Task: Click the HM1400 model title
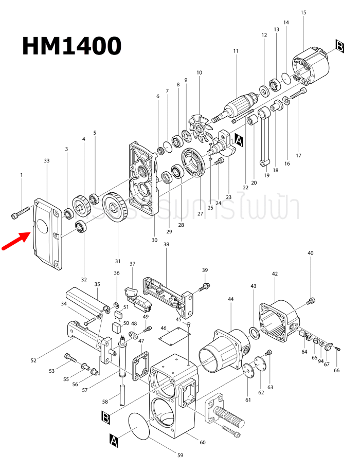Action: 71,46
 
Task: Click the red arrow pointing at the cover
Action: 15,241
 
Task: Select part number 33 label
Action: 47,161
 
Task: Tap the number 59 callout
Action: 179,455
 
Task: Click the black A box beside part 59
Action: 114,440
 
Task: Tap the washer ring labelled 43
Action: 254,330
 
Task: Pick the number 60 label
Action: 202,443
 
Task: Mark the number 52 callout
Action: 33,360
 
